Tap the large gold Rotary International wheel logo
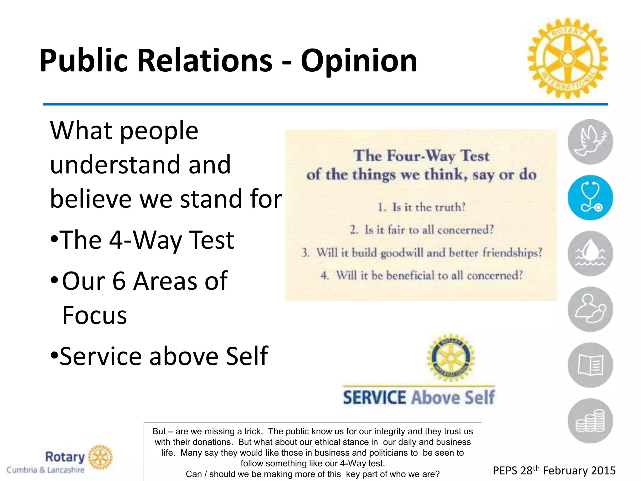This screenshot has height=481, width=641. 567,59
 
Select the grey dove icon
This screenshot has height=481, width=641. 590,142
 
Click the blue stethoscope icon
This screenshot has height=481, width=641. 590,198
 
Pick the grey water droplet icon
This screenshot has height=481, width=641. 590,253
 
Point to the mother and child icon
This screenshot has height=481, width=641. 590,309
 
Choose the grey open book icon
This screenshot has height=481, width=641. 590,365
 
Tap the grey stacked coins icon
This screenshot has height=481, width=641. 590,421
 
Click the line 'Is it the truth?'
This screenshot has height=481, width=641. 422,207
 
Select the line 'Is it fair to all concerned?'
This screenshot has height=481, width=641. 422,230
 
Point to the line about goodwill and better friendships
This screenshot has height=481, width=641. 422,253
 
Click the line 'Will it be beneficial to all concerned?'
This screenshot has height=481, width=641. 422,276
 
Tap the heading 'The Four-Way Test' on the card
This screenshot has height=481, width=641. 421,156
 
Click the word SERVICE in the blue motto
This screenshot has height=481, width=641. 374,398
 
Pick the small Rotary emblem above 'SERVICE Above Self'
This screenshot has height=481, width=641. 451,357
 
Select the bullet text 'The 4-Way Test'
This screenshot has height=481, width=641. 146,240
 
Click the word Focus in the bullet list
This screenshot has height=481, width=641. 95,315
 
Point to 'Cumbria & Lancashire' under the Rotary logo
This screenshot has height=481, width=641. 46,470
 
